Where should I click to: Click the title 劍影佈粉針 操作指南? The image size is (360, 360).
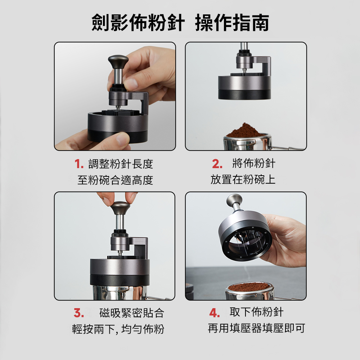tap(180, 23)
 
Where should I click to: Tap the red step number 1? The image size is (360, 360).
tap(79, 164)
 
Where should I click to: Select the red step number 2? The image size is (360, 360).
tap(217, 164)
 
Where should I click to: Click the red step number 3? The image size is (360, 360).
tap(78, 313)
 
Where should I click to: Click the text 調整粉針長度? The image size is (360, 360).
tap(121, 164)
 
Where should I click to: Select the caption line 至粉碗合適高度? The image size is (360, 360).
tap(115, 180)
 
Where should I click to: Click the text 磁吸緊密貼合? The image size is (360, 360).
tap(131, 313)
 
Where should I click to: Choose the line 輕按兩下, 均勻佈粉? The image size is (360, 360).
tap(118, 329)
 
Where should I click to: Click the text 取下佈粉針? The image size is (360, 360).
tap(256, 312)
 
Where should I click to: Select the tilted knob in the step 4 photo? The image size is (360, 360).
tap(234, 199)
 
